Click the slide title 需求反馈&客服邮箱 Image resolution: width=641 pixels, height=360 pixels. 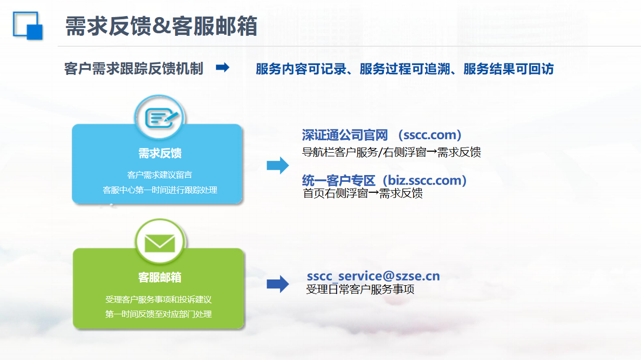[161, 26]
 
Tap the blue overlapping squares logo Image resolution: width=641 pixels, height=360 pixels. [28, 25]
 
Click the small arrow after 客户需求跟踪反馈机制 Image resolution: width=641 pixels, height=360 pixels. [223, 68]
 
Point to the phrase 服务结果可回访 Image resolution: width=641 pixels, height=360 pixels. [509, 69]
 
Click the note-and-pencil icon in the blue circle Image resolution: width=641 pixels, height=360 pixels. [161, 117]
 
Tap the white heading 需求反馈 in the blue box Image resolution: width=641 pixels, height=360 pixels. [160, 153]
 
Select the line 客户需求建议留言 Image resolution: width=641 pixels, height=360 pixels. [159, 175]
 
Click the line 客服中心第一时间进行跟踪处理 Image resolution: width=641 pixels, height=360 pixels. [159, 190]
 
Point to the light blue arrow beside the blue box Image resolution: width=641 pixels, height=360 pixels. [277, 165]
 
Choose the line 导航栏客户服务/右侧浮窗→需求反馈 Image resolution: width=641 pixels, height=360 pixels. [392, 152]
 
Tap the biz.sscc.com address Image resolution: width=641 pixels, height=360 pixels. [424, 180]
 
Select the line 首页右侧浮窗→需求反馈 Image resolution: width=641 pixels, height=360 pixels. [363, 193]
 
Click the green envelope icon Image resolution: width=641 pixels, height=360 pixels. [160, 243]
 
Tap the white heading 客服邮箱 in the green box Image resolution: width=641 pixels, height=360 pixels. [159, 277]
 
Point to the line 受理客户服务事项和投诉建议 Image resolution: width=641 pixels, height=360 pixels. [158, 300]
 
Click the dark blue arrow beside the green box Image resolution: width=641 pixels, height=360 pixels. [277, 284]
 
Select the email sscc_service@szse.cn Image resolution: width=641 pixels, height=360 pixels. [373, 276]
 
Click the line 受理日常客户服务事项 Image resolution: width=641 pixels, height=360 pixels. [360, 289]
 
